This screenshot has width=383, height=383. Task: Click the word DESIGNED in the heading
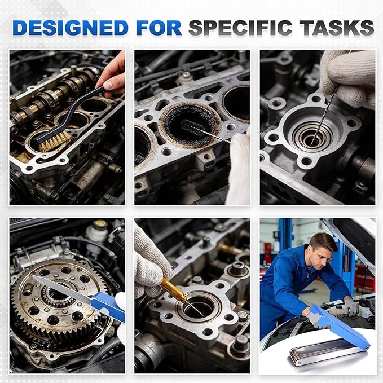71,28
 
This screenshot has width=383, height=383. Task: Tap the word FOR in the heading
159,28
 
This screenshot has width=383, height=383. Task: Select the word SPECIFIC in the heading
240,28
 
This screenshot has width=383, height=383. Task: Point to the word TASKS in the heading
337,28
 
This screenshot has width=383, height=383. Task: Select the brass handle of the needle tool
173,290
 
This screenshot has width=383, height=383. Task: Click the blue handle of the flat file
108,306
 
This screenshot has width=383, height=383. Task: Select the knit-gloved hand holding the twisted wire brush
349,78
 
